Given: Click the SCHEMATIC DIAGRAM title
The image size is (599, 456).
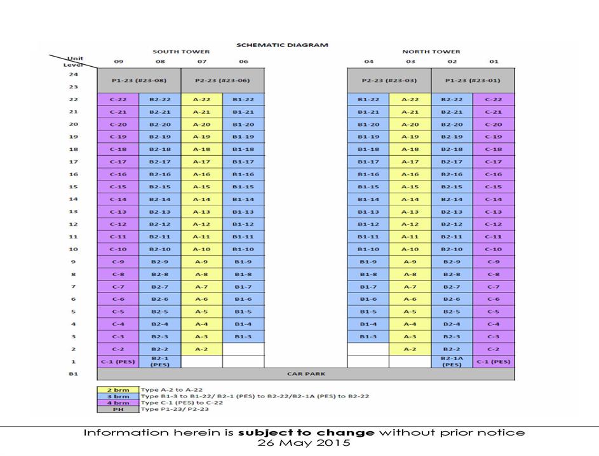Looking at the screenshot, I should (282, 45).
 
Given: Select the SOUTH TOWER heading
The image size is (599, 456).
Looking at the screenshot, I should (181, 52).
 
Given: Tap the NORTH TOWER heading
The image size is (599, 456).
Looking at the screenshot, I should (431, 52).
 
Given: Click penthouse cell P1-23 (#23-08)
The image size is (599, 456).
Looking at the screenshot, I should (139, 81).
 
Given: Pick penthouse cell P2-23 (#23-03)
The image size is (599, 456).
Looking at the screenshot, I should (389, 81).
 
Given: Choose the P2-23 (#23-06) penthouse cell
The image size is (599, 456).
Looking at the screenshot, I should (223, 81).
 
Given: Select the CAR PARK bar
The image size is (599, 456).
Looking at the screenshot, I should (306, 374).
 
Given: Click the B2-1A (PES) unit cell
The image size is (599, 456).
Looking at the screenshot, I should (452, 362).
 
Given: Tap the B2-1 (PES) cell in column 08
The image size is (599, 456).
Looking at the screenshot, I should (159, 362).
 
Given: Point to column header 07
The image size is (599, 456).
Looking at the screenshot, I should (201, 62).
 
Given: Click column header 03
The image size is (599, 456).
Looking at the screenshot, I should (410, 62).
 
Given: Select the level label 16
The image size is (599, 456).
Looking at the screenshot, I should (73, 174).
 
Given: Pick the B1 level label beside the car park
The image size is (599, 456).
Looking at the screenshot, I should (73, 374).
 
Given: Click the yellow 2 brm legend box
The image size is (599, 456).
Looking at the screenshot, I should (118, 389).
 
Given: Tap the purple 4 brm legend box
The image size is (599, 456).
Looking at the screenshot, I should (118, 403).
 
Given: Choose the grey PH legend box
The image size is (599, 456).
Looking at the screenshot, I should (118, 410).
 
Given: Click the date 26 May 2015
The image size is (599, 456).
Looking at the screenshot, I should (304, 443).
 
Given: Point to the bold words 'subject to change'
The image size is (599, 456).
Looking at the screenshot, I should (306, 433).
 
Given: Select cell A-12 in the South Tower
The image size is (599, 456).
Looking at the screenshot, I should (201, 224).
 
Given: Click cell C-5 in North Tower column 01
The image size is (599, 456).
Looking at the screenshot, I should (494, 312).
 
